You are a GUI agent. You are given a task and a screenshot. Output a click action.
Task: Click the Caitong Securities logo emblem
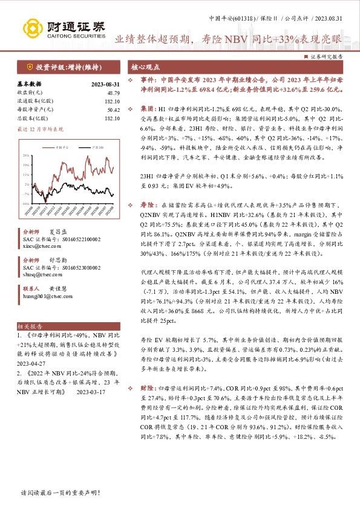31,27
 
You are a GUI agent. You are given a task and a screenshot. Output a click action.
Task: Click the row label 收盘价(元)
28,92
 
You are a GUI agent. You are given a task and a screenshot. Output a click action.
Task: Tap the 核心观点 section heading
146,67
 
